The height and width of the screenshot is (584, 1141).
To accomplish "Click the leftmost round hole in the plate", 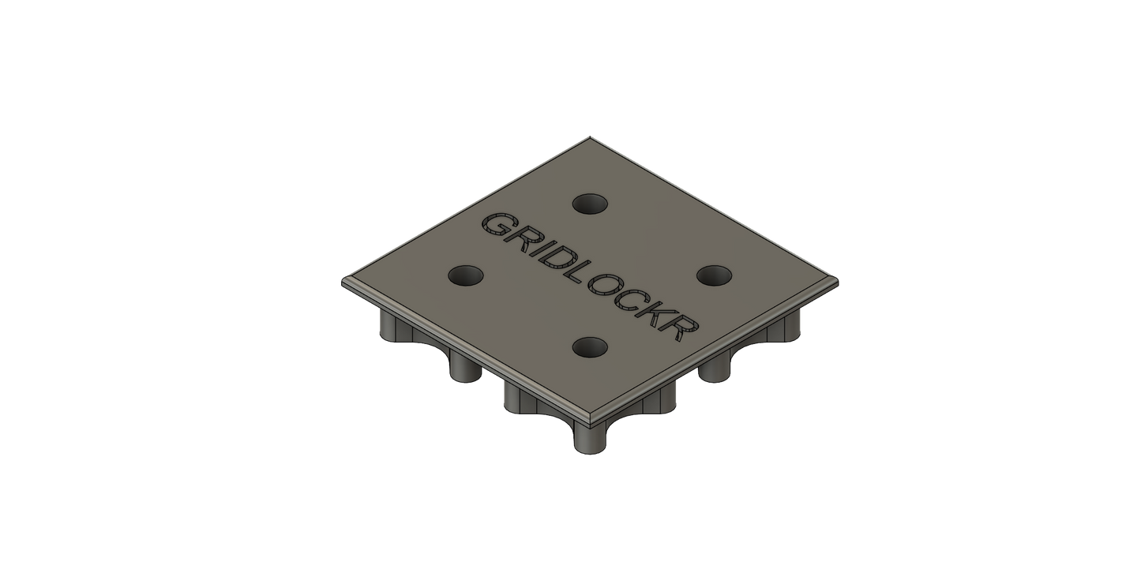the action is point(466,275).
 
